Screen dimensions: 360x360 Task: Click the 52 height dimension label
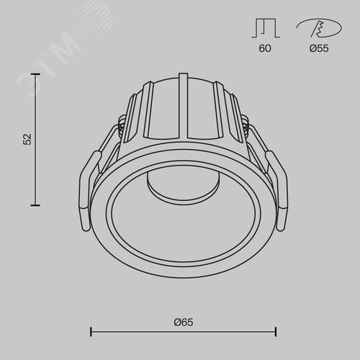27,138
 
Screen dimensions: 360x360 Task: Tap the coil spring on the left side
117,133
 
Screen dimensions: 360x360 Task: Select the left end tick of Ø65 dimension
91,331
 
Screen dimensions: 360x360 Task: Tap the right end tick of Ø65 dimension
276,331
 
